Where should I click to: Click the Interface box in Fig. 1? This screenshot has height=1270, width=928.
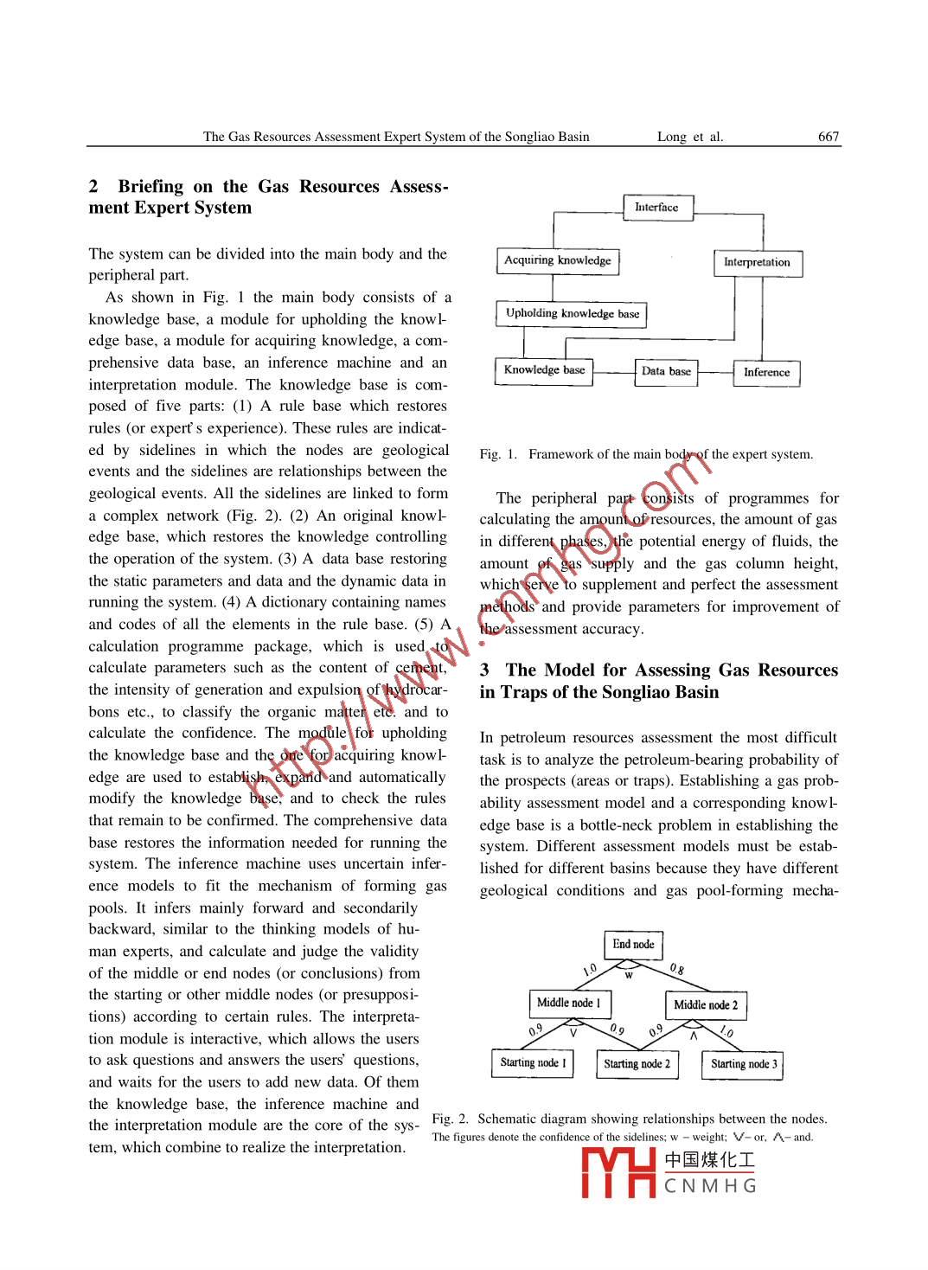click(657, 208)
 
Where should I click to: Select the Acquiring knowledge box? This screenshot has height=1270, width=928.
click(558, 260)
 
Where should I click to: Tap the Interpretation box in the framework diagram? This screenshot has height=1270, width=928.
click(757, 262)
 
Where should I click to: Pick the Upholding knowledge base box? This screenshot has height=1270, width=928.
click(572, 313)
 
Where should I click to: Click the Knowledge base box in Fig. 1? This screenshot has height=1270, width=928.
click(544, 370)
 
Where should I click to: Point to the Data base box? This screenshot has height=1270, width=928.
click(666, 371)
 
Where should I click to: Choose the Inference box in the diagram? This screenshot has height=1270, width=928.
click(766, 372)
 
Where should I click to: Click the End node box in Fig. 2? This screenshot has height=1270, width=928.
click(633, 945)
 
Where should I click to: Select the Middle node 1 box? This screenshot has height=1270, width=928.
click(568, 1003)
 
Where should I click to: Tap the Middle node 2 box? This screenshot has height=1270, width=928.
click(706, 1004)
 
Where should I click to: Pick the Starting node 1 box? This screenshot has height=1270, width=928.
click(533, 1062)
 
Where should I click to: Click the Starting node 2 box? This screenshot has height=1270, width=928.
click(637, 1064)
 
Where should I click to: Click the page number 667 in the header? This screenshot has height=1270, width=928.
click(829, 137)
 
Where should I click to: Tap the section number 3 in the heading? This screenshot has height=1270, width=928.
click(485, 670)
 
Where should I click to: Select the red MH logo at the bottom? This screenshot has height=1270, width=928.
click(618, 1173)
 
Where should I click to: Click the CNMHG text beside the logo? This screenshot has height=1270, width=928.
click(710, 1186)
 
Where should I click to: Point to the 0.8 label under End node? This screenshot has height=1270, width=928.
click(677, 969)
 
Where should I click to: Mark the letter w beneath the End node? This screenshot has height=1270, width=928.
click(630, 975)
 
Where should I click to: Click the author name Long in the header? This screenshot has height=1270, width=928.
click(671, 137)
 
